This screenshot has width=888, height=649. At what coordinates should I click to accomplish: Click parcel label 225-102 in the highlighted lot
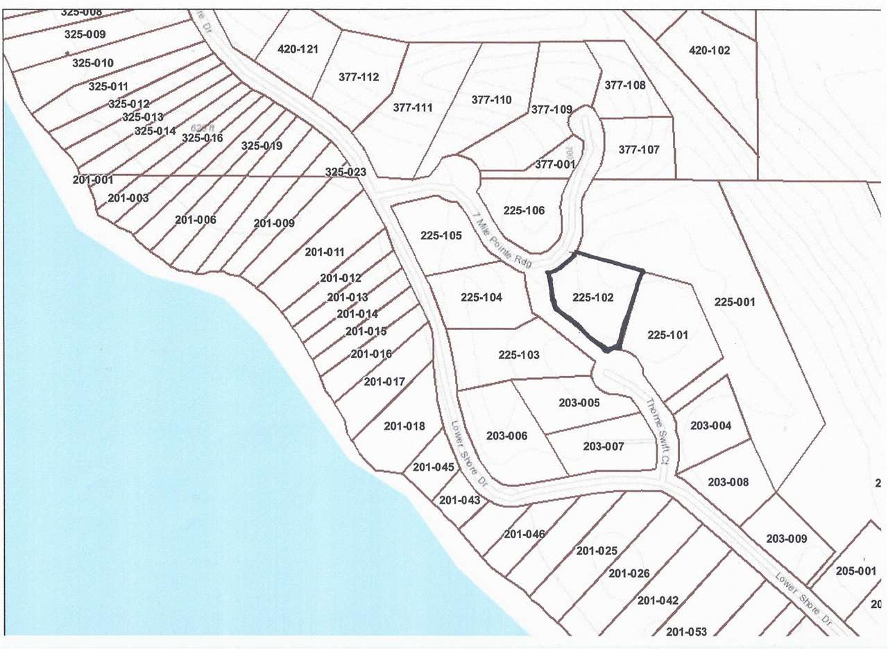coord(593,297)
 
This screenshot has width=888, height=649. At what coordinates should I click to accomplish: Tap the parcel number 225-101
coord(667,335)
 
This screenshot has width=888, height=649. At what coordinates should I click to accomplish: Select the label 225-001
coord(734,302)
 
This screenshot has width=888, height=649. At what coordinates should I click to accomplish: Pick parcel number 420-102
coord(710,50)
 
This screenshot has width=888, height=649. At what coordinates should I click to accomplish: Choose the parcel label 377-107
coord(638,149)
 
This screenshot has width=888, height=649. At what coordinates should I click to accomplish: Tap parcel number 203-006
coord(507,436)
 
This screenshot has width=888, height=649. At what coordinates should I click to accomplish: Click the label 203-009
coord(787,539)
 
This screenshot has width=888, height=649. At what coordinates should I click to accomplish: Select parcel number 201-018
coord(404,426)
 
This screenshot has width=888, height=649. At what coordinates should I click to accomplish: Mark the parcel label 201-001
coord(92,180)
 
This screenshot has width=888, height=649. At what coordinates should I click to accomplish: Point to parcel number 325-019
coord(262,146)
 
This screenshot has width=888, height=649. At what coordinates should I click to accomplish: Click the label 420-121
coord(298,49)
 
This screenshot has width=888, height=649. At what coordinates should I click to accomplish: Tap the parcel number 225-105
coord(441,236)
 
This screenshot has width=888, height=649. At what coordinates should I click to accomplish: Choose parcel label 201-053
coord(686,631)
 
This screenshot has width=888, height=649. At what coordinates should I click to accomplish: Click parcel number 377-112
coord(359,77)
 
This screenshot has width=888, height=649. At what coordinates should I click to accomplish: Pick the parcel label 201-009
coord(274,223)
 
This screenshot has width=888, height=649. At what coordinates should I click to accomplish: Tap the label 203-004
coord(710,426)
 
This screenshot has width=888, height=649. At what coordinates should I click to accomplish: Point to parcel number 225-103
coord(519,355)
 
